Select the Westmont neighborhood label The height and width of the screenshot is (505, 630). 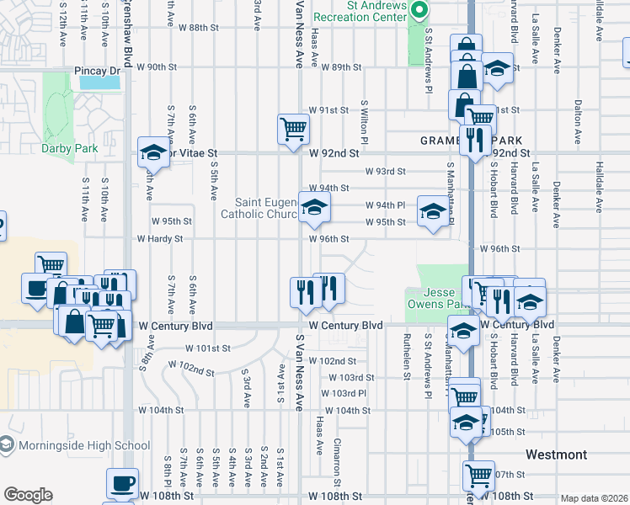pyautogui.click(x=556, y=454)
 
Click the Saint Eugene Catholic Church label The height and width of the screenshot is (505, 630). pyautogui.click(x=259, y=208)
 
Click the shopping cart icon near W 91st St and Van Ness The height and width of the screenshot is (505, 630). pyautogui.click(x=293, y=130)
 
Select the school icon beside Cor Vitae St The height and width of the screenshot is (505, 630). pyautogui.click(x=154, y=151)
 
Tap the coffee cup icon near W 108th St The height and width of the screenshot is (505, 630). pyautogui.click(x=122, y=483)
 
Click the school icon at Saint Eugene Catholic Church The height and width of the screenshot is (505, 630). pyautogui.click(x=314, y=207)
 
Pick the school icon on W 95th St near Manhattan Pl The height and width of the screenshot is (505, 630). pyautogui.click(x=433, y=211)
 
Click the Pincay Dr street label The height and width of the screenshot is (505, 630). pyautogui.click(x=98, y=72)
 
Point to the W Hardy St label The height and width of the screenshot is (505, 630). pyautogui.click(x=160, y=239)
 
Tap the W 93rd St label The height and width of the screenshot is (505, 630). pyautogui.click(x=385, y=171)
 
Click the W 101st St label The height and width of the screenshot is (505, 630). pyautogui.click(x=209, y=348)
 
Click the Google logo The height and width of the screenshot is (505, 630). pyautogui.click(x=28, y=495)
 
